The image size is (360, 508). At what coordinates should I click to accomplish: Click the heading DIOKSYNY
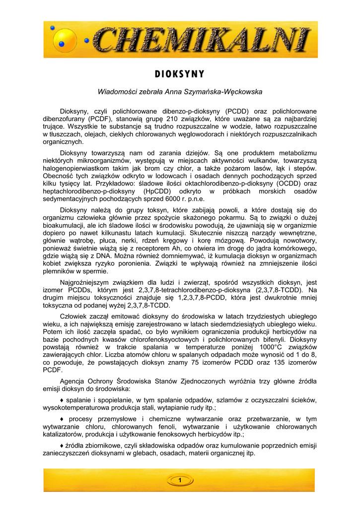(x=180, y=74)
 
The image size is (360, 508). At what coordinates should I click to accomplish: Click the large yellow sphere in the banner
(x=64, y=38)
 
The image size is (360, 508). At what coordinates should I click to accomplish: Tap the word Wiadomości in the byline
(x=119, y=92)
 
